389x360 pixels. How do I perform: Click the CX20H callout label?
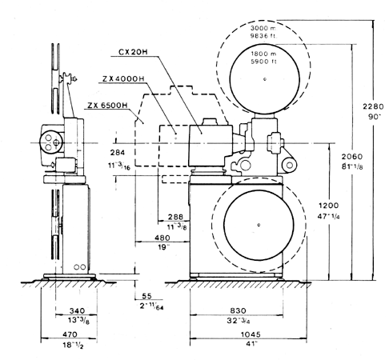(133, 52)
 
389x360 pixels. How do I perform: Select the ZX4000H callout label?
(123, 78)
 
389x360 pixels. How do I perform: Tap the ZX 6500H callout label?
(107, 106)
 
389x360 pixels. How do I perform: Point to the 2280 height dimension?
(373, 106)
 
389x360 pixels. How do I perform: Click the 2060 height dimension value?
(352, 156)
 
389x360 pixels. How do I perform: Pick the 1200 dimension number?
(329, 206)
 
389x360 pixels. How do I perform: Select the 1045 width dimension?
(251, 334)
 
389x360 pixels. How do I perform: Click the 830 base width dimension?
(238, 310)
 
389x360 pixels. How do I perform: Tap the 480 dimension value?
(162, 238)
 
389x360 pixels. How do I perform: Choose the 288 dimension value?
(175, 217)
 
